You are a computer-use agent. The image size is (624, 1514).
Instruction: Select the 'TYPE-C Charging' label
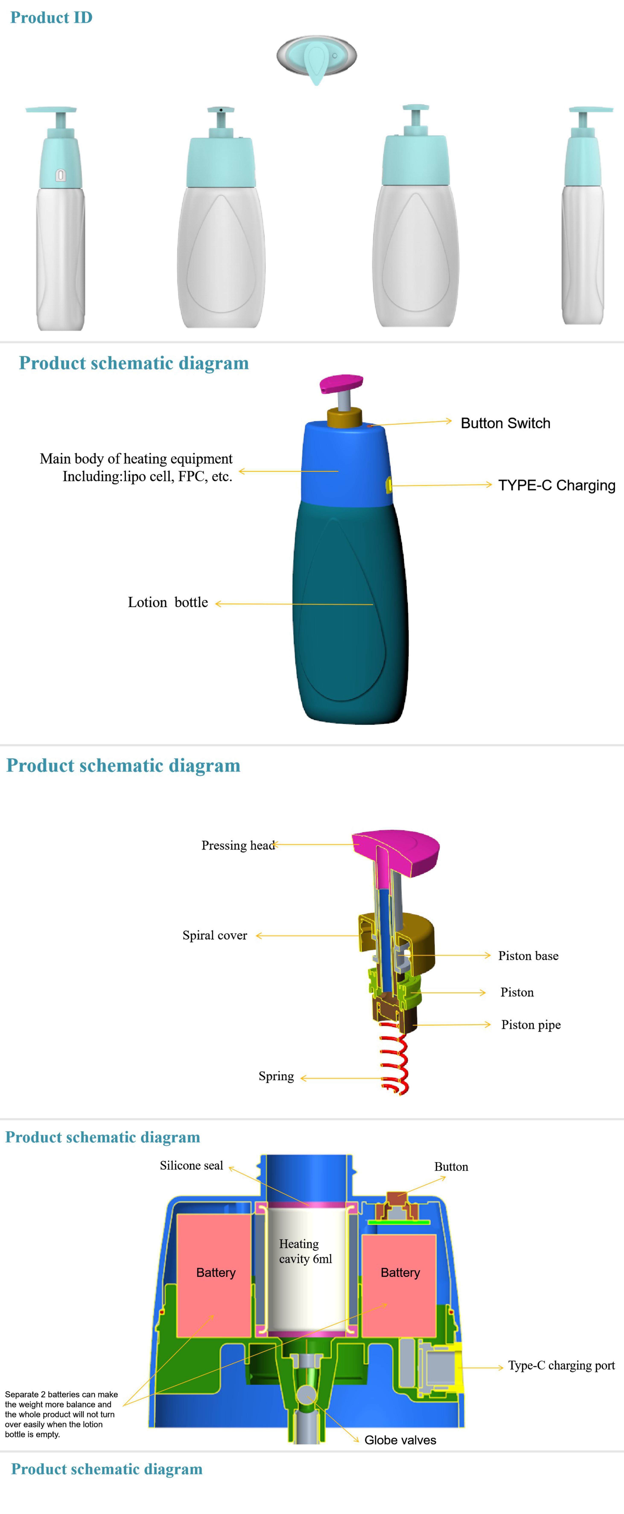tap(556, 486)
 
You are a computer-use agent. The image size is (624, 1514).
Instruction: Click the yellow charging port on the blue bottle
tap(388, 485)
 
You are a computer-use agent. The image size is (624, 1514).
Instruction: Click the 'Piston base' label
tap(528, 956)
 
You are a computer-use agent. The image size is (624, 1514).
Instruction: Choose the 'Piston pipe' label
tap(530, 1024)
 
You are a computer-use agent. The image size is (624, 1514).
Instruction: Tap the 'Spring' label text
tap(276, 1076)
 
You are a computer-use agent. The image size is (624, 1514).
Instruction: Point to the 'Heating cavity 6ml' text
tap(305, 1251)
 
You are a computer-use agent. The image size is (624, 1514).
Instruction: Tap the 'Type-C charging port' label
tap(561, 1365)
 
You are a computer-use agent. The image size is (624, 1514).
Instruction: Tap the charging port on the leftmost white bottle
tap(60, 175)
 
